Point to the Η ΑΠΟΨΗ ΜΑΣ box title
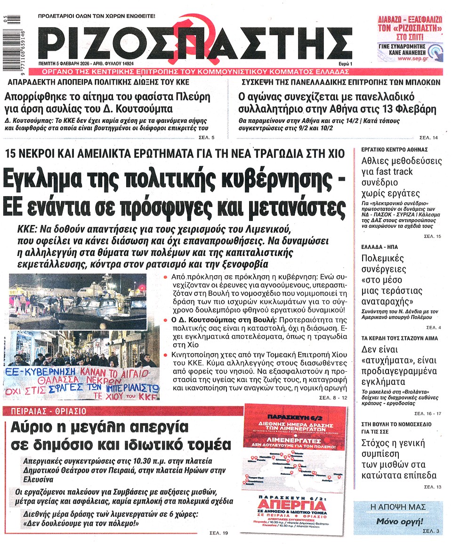[x=398, y=507]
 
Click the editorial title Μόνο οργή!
[x=399, y=521]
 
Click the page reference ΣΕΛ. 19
[x=218, y=533]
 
